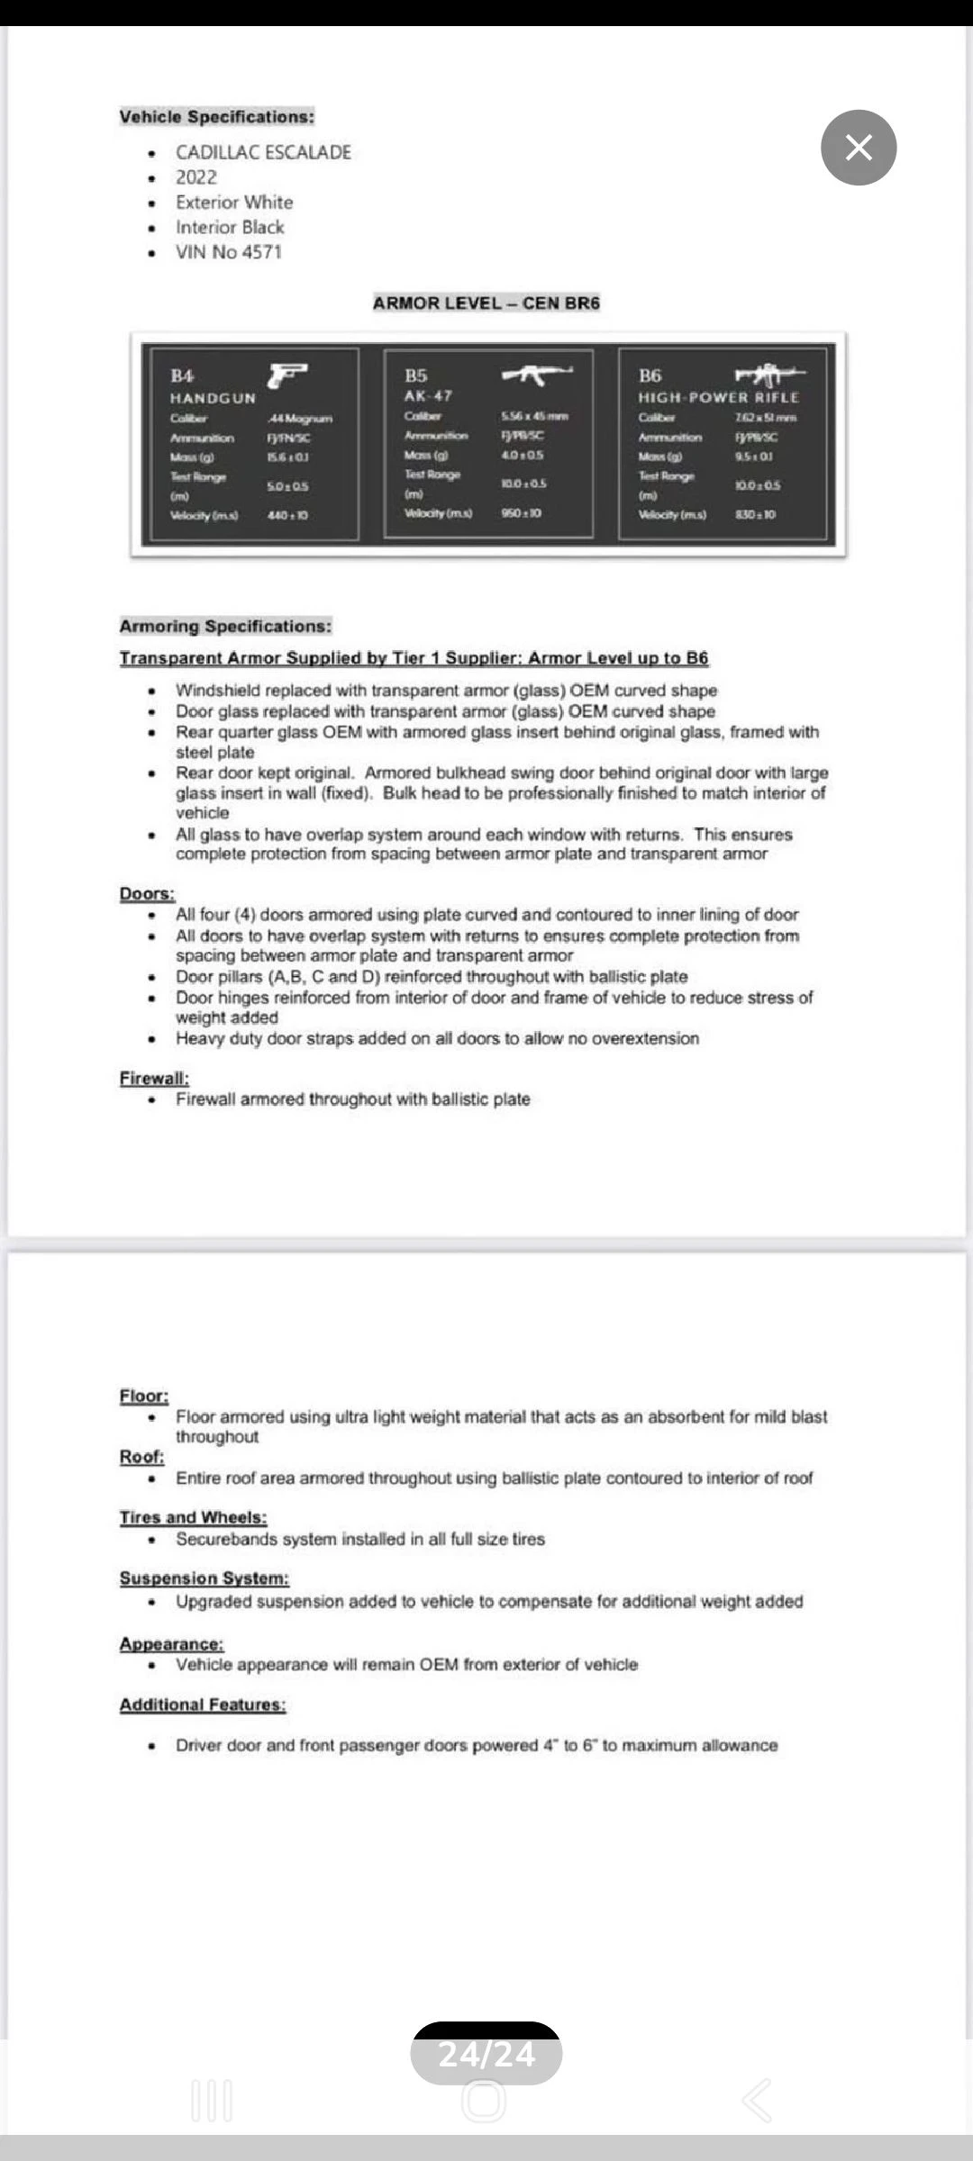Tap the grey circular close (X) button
click(859, 148)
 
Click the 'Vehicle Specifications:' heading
click(217, 116)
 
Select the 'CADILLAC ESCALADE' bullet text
click(263, 152)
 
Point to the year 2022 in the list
click(196, 177)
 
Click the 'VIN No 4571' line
click(229, 252)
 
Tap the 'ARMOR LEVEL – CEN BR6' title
click(486, 303)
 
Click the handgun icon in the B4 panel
click(287, 375)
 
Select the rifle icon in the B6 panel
click(769, 374)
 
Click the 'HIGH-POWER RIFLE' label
click(719, 397)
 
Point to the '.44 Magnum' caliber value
click(300, 419)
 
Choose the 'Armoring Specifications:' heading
click(225, 626)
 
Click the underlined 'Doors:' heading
click(147, 893)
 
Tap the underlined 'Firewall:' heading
click(154, 1078)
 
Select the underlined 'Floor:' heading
click(144, 1396)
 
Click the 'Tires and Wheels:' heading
click(193, 1517)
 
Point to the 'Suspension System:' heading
click(205, 1578)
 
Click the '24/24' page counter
click(486, 2054)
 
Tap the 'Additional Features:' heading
click(203, 1704)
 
